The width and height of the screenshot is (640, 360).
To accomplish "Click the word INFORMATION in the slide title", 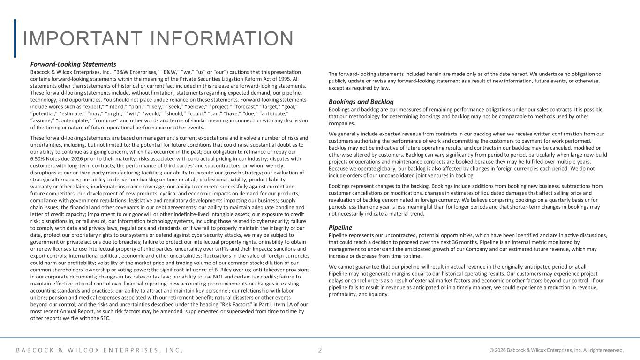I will tap(225, 39).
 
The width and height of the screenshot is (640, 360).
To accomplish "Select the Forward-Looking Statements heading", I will tap(73, 64).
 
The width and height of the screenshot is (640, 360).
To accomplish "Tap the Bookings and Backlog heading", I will tap(361, 102).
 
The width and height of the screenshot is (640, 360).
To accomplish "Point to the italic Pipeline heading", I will tap(340, 228).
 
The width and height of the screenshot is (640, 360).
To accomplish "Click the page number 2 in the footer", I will tap(320, 350).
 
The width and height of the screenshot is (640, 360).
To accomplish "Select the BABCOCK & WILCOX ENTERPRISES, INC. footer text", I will tap(99, 350).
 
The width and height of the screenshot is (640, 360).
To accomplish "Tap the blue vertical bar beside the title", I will tap(15, 38).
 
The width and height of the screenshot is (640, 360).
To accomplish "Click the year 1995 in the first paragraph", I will tap(289, 79).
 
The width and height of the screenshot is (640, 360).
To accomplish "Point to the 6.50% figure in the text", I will tap(38, 158).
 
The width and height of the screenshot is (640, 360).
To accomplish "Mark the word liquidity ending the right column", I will tap(378, 294).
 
